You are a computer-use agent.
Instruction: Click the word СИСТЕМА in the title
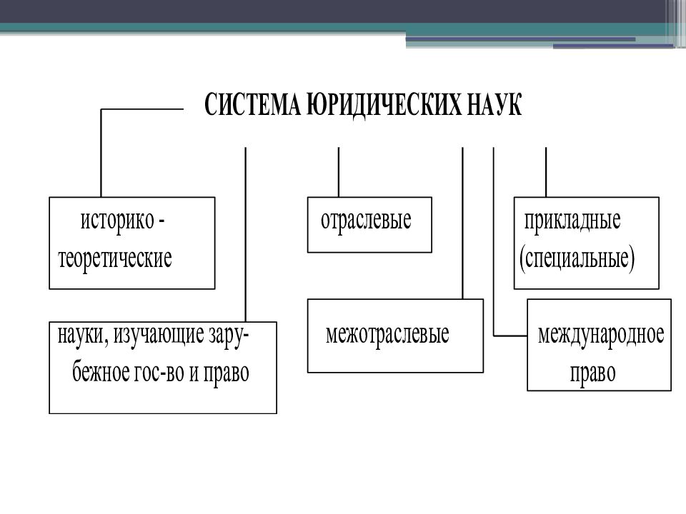[x=253, y=104]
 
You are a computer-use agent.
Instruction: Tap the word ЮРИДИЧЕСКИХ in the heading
[x=384, y=104]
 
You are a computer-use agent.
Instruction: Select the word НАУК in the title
[x=494, y=104]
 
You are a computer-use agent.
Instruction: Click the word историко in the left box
[x=117, y=221]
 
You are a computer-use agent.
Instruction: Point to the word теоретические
[x=114, y=258]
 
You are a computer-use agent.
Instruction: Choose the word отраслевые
[x=366, y=221]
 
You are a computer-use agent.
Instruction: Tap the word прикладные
[x=572, y=221]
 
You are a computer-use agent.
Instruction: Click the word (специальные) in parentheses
[x=577, y=258]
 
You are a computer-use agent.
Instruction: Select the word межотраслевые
[x=387, y=335]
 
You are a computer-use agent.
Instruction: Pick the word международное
[x=601, y=335]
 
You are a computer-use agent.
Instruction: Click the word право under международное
[x=593, y=373]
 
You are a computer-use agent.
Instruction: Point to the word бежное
[x=100, y=373]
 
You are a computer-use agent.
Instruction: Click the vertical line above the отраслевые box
[x=339, y=172]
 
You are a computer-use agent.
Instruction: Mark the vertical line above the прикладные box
[x=546, y=172]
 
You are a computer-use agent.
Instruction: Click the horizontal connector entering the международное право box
[x=510, y=336]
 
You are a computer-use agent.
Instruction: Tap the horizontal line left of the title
[x=142, y=109]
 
